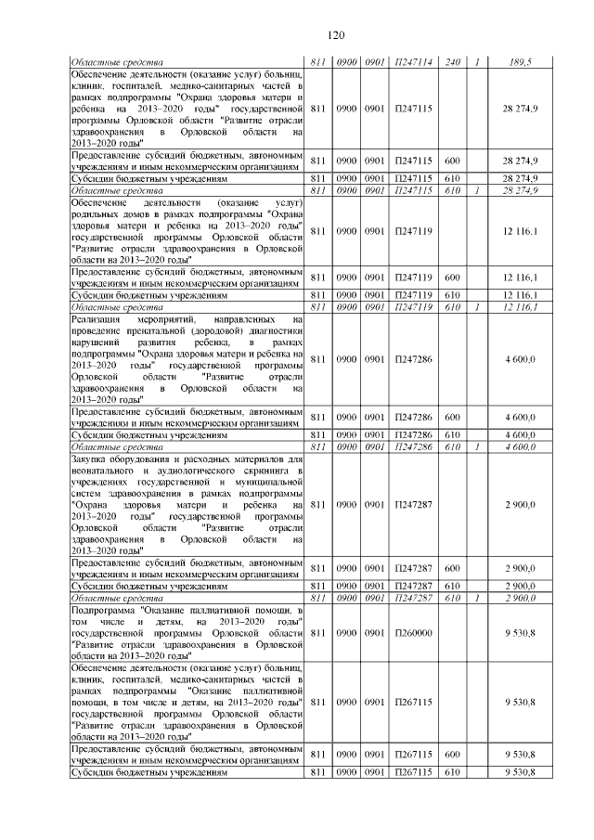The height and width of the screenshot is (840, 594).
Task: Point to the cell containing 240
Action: [454, 63]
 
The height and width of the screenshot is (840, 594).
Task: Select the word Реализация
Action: [97, 319]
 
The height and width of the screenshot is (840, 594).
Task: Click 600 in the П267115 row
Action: [454, 755]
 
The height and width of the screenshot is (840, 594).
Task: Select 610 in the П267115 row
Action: [454, 772]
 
